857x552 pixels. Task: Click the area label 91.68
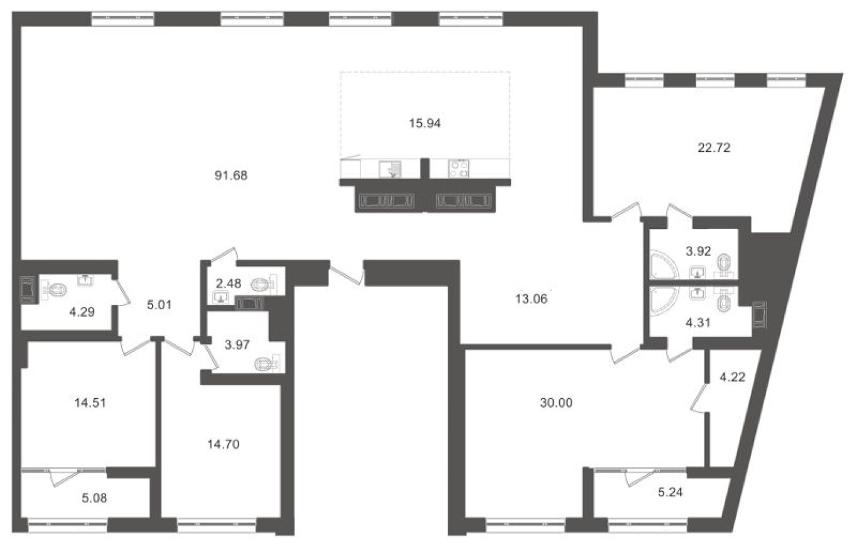[x=231, y=176]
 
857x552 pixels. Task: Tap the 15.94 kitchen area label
[x=424, y=124]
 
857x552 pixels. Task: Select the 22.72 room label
[x=714, y=147]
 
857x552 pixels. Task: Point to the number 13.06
[x=531, y=299]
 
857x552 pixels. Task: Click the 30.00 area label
[x=556, y=403]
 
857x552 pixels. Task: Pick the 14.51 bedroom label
[x=90, y=403]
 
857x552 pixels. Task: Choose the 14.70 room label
[x=224, y=444]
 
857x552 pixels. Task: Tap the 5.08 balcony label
[x=95, y=498]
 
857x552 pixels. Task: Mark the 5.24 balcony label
[x=671, y=492]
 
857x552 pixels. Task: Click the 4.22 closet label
[x=732, y=377]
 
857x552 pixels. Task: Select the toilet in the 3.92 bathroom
[x=725, y=265]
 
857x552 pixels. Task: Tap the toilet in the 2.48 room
[x=264, y=284]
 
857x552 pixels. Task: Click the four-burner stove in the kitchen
[x=459, y=169]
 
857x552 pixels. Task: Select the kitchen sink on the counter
[x=390, y=169]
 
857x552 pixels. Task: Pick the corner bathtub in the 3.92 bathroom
[x=664, y=264]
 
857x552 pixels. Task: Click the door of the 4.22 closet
[x=698, y=398]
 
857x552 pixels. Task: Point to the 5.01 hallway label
[x=159, y=305]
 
